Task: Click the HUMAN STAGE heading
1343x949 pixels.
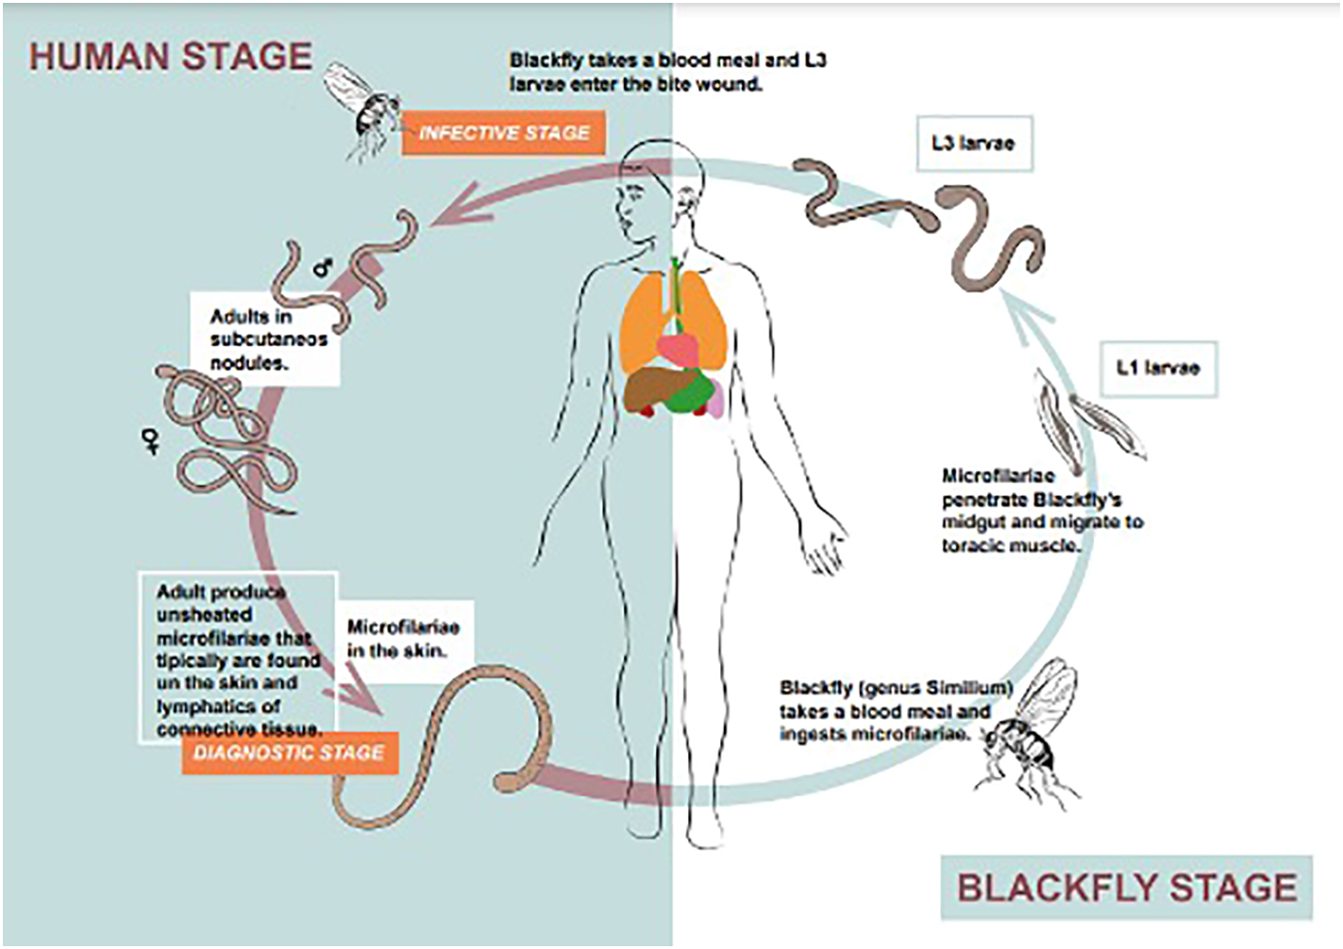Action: pyautogui.click(x=170, y=57)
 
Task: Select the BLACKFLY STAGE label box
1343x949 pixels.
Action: pyautogui.click(x=1126, y=888)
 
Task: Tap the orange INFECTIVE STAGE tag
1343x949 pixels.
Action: pyautogui.click(x=504, y=133)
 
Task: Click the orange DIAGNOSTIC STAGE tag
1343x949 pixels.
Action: pyautogui.click(x=289, y=753)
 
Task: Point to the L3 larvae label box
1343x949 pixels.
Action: pyautogui.click(x=973, y=143)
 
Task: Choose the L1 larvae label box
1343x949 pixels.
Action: pyautogui.click(x=1158, y=368)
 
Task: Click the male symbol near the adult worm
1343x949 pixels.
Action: pyautogui.click(x=324, y=268)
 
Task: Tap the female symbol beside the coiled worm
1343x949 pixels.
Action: pyautogui.click(x=151, y=440)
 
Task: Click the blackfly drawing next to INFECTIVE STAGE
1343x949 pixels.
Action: pyautogui.click(x=361, y=108)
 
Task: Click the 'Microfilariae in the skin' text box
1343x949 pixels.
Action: pyautogui.click(x=403, y=639)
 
